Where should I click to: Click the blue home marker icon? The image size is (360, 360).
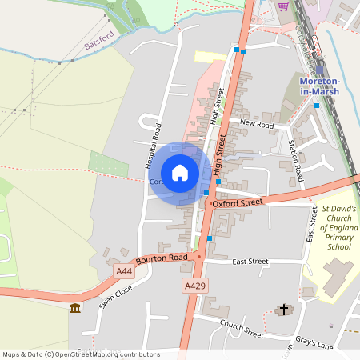(x=180, y=172)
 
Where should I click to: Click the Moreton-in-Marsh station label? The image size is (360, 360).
(x=319, y=86)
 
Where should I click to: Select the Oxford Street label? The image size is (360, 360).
(x=238, y=203)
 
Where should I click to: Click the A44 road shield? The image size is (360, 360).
(x=123, y=272)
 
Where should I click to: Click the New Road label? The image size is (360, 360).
(x=257, y=125)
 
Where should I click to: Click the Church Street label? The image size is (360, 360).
(x=242, y=328)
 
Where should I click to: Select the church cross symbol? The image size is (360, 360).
(x=283, y=309)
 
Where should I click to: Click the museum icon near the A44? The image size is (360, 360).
(x=74, y=309)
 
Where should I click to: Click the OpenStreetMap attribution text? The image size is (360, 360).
(x=80, y=354)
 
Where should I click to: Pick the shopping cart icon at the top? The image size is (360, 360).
(x=282, y=6)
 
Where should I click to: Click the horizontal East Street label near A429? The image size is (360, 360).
(x=250, y=262)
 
